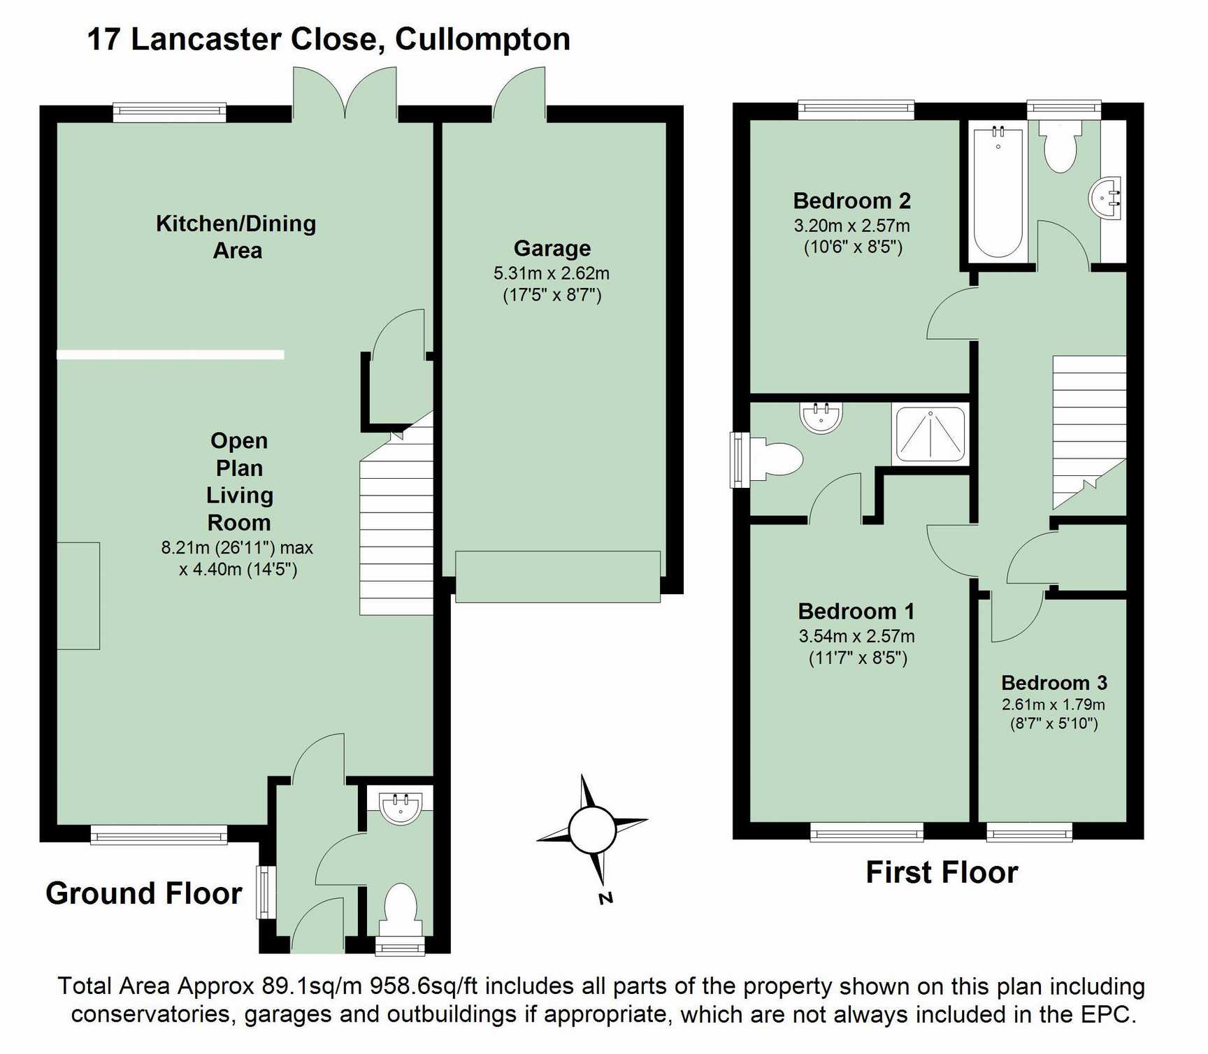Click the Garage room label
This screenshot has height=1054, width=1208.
coord(552,249)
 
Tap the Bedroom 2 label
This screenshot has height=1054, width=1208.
coord(851,201)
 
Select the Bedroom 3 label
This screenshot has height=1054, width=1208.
coord(1054,683)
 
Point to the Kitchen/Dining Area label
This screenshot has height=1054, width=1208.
coord(236,236)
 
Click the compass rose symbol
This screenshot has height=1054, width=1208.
coord(592,830)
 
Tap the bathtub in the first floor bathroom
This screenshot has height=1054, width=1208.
coord(998,192)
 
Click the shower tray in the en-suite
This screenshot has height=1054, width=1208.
coord(930,435)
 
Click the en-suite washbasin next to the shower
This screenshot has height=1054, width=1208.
coord(821,417)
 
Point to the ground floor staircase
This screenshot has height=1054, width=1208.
coord(396,524)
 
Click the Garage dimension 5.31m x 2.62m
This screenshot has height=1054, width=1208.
coord(552,273)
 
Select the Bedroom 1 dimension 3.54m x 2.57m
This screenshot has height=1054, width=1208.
coord(856,637)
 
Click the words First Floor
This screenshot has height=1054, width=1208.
coord(942,873)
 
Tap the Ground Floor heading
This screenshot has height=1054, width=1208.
coord(144,894)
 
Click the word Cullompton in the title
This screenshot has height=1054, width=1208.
coord(482,39)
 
